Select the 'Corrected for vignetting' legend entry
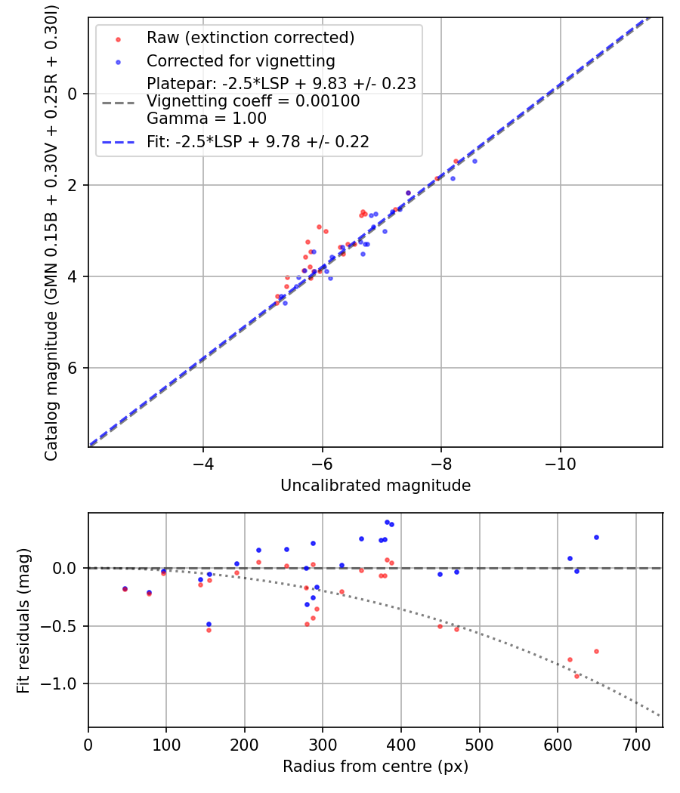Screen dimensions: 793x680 (241, 60)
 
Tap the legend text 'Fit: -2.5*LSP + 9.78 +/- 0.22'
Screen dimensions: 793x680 (258, 141)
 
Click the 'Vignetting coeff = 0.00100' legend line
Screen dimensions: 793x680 (253, 100)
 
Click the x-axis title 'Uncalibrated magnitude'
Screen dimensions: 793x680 (376, 486)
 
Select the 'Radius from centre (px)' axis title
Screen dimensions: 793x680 (376, 767)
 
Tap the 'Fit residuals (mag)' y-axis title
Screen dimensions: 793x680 (23, 621)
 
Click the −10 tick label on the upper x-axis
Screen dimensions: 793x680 (560, 461)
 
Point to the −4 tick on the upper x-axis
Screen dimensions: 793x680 (202, 461)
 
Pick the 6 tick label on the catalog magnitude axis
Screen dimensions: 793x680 (73, 368)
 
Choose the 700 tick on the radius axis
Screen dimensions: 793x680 (635, 742)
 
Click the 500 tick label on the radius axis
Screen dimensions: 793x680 (479, 742)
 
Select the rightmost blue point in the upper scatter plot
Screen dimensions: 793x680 (474, 161)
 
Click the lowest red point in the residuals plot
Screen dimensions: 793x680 (576, 676)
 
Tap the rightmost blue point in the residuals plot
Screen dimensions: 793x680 (596, 537)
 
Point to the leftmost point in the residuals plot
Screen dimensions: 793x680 (125, 588)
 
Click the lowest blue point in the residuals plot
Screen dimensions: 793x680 (209, 624)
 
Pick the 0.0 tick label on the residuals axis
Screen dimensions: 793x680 (68, 568)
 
